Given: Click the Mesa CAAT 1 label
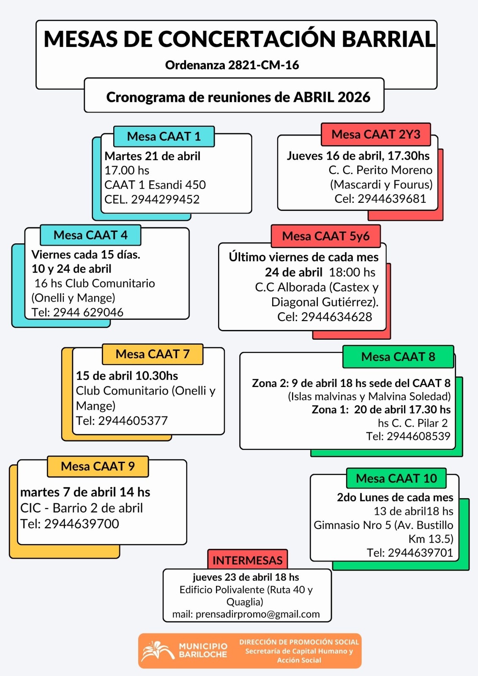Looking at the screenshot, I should click(164, 136).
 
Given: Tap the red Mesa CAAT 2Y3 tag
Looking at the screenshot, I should click(376, 134).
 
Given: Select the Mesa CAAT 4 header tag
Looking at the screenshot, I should click(90, 235).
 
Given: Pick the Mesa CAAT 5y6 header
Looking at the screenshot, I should click(326, 236).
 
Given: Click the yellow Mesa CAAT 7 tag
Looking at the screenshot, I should click(153, 354).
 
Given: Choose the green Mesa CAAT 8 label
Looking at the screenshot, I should click(398, 357).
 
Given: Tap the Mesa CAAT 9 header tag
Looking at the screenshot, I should click(98, 466).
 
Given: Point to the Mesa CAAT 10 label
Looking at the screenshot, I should click(396, 478).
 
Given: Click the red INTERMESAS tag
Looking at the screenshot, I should click(247, 560).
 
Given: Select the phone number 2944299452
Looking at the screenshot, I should click(165, 199).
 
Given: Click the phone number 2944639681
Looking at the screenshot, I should click(392, 199).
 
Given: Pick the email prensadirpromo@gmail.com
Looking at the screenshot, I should click(257, 614).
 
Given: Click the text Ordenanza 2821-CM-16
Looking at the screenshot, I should click(232, 65).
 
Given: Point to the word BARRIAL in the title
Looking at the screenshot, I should click(388, 39).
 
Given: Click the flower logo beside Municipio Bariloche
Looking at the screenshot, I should click(157, 651).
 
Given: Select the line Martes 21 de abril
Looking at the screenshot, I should click(153, 156).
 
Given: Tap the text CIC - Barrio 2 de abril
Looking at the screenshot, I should click(82, 508).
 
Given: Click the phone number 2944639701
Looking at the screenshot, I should click(420, 553).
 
